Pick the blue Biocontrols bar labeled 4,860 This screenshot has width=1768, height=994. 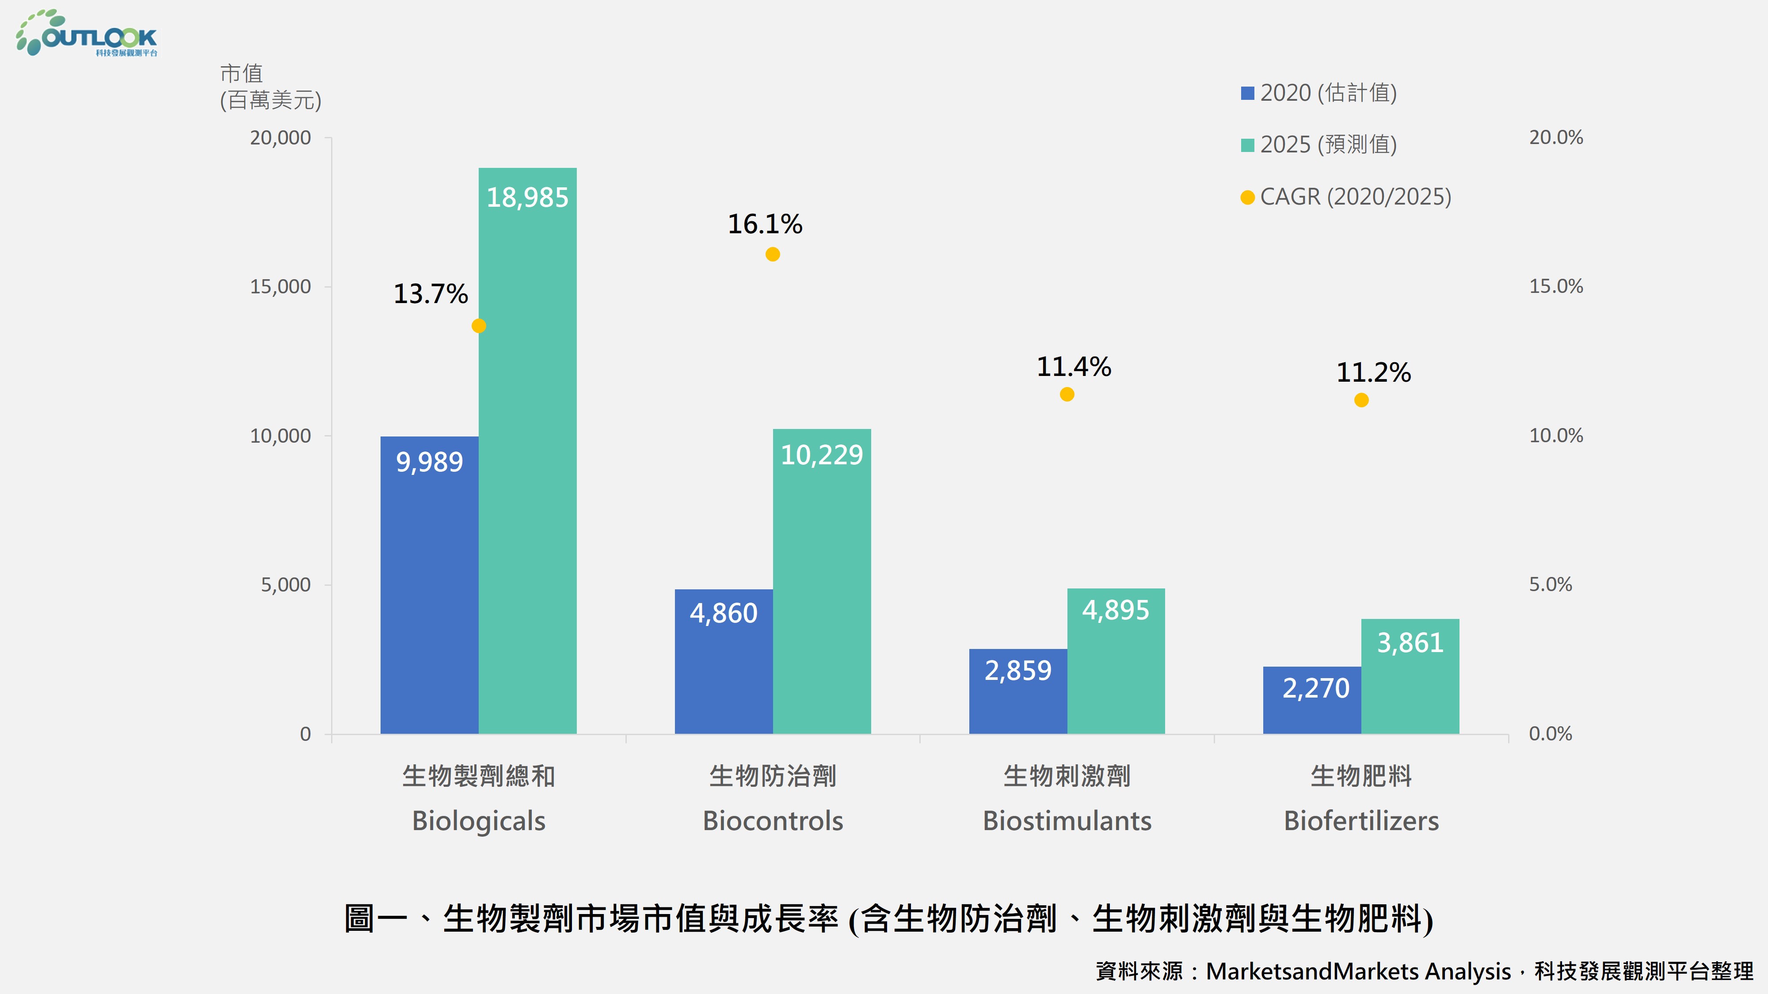[x=724, y=661]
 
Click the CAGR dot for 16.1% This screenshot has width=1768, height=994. [x=772, y=254]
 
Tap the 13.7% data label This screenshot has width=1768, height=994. [x=431, y=294]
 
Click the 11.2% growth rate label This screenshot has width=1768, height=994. [x=1373, y=372]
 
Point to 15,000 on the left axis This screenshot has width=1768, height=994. [x=280, y=287]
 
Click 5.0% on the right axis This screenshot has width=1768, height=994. [x=1550, y=584]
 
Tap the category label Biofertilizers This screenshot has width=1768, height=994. [x=1361, y=820]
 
